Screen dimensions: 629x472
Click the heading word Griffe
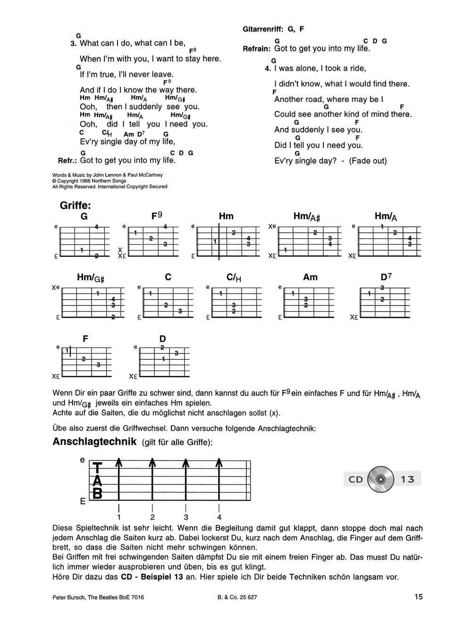(75, 206)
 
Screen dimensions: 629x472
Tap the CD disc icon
(381, 479)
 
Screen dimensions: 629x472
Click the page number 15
(418, 596)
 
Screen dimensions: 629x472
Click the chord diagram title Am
(310, 277)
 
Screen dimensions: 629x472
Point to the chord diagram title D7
(386, 277)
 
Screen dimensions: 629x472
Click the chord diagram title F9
(156, 216)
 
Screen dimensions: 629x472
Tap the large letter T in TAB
(97, 468)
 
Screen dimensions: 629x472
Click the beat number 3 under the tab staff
(186, 517)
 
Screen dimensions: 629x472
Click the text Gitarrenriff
(263, 29)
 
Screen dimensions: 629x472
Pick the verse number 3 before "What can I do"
(73, 43)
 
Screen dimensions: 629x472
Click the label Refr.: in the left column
(67, 161)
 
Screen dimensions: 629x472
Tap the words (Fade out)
(368, 161)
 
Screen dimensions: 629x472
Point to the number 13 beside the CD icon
(407, 479)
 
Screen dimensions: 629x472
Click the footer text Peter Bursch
(67, 597)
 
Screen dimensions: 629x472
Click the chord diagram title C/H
(234, 278)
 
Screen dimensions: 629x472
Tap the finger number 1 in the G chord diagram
(82, 250)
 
